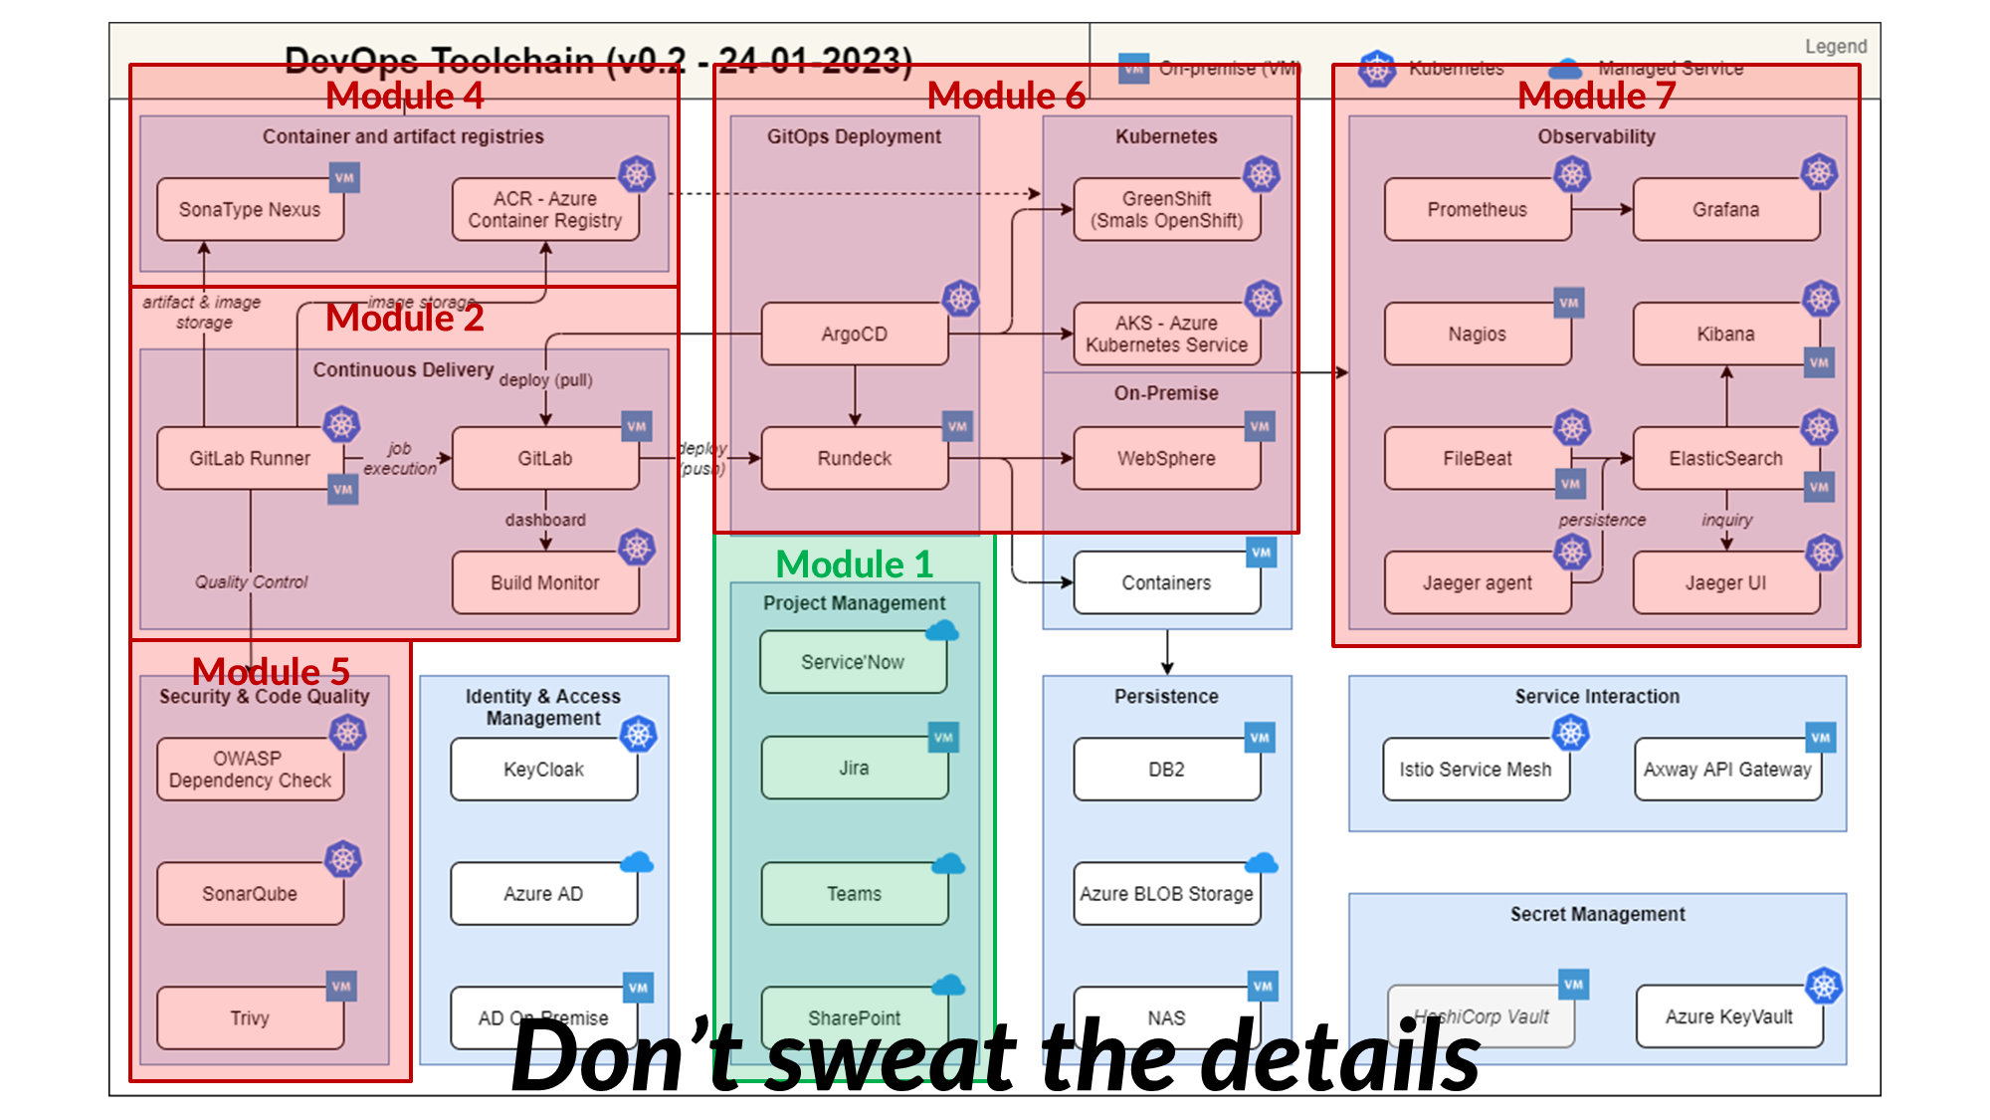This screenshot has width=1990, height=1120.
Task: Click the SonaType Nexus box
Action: pyautogui.click(x=250, y=210)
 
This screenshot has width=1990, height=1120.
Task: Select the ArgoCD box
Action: pyautogui.click(x=854, y=335)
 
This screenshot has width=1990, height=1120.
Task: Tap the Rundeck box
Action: pyautogui.click(x=854, y=459)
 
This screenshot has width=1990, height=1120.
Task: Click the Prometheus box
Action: pyautogui.click(x=1477, y=210)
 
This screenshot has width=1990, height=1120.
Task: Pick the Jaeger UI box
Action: pyautogui.click(x=1725, y=583)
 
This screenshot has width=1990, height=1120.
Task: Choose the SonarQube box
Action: pyautogui.click(x=250, y=894)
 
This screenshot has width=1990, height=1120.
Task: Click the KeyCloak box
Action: pyautogui.click(x=543, y=770)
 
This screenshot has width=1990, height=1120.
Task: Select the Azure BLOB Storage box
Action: pyautogui.click(x=1166, y=894)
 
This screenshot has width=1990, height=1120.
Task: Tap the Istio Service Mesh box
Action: pyautogui.click(x=1475, y=770)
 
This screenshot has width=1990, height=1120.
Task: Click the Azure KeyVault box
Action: pyautogui.click(x=1728, y=1016)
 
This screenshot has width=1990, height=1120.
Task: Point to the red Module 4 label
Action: pyautogui.click(x=404, y=97)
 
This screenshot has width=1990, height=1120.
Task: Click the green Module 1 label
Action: pyautogui.click(x=854, y=564)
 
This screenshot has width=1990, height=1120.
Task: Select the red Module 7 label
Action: pyautogui.click(x=1596, y=97)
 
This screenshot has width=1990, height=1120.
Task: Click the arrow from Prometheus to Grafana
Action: pyautogui.click(x=1602, y=209)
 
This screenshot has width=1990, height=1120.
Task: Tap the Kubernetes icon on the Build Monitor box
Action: pyautogui.click(x=637, y=548)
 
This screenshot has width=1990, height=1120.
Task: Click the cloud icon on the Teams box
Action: pyautogui.click(x=947, y=864)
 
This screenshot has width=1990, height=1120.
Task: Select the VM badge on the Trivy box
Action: pyautogui.click(x=341, y=987)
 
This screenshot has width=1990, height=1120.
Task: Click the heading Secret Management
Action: pyautogui.click(x=1597, y=914)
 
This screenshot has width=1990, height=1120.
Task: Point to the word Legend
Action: pyautogui.click(x=1836, y=47)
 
